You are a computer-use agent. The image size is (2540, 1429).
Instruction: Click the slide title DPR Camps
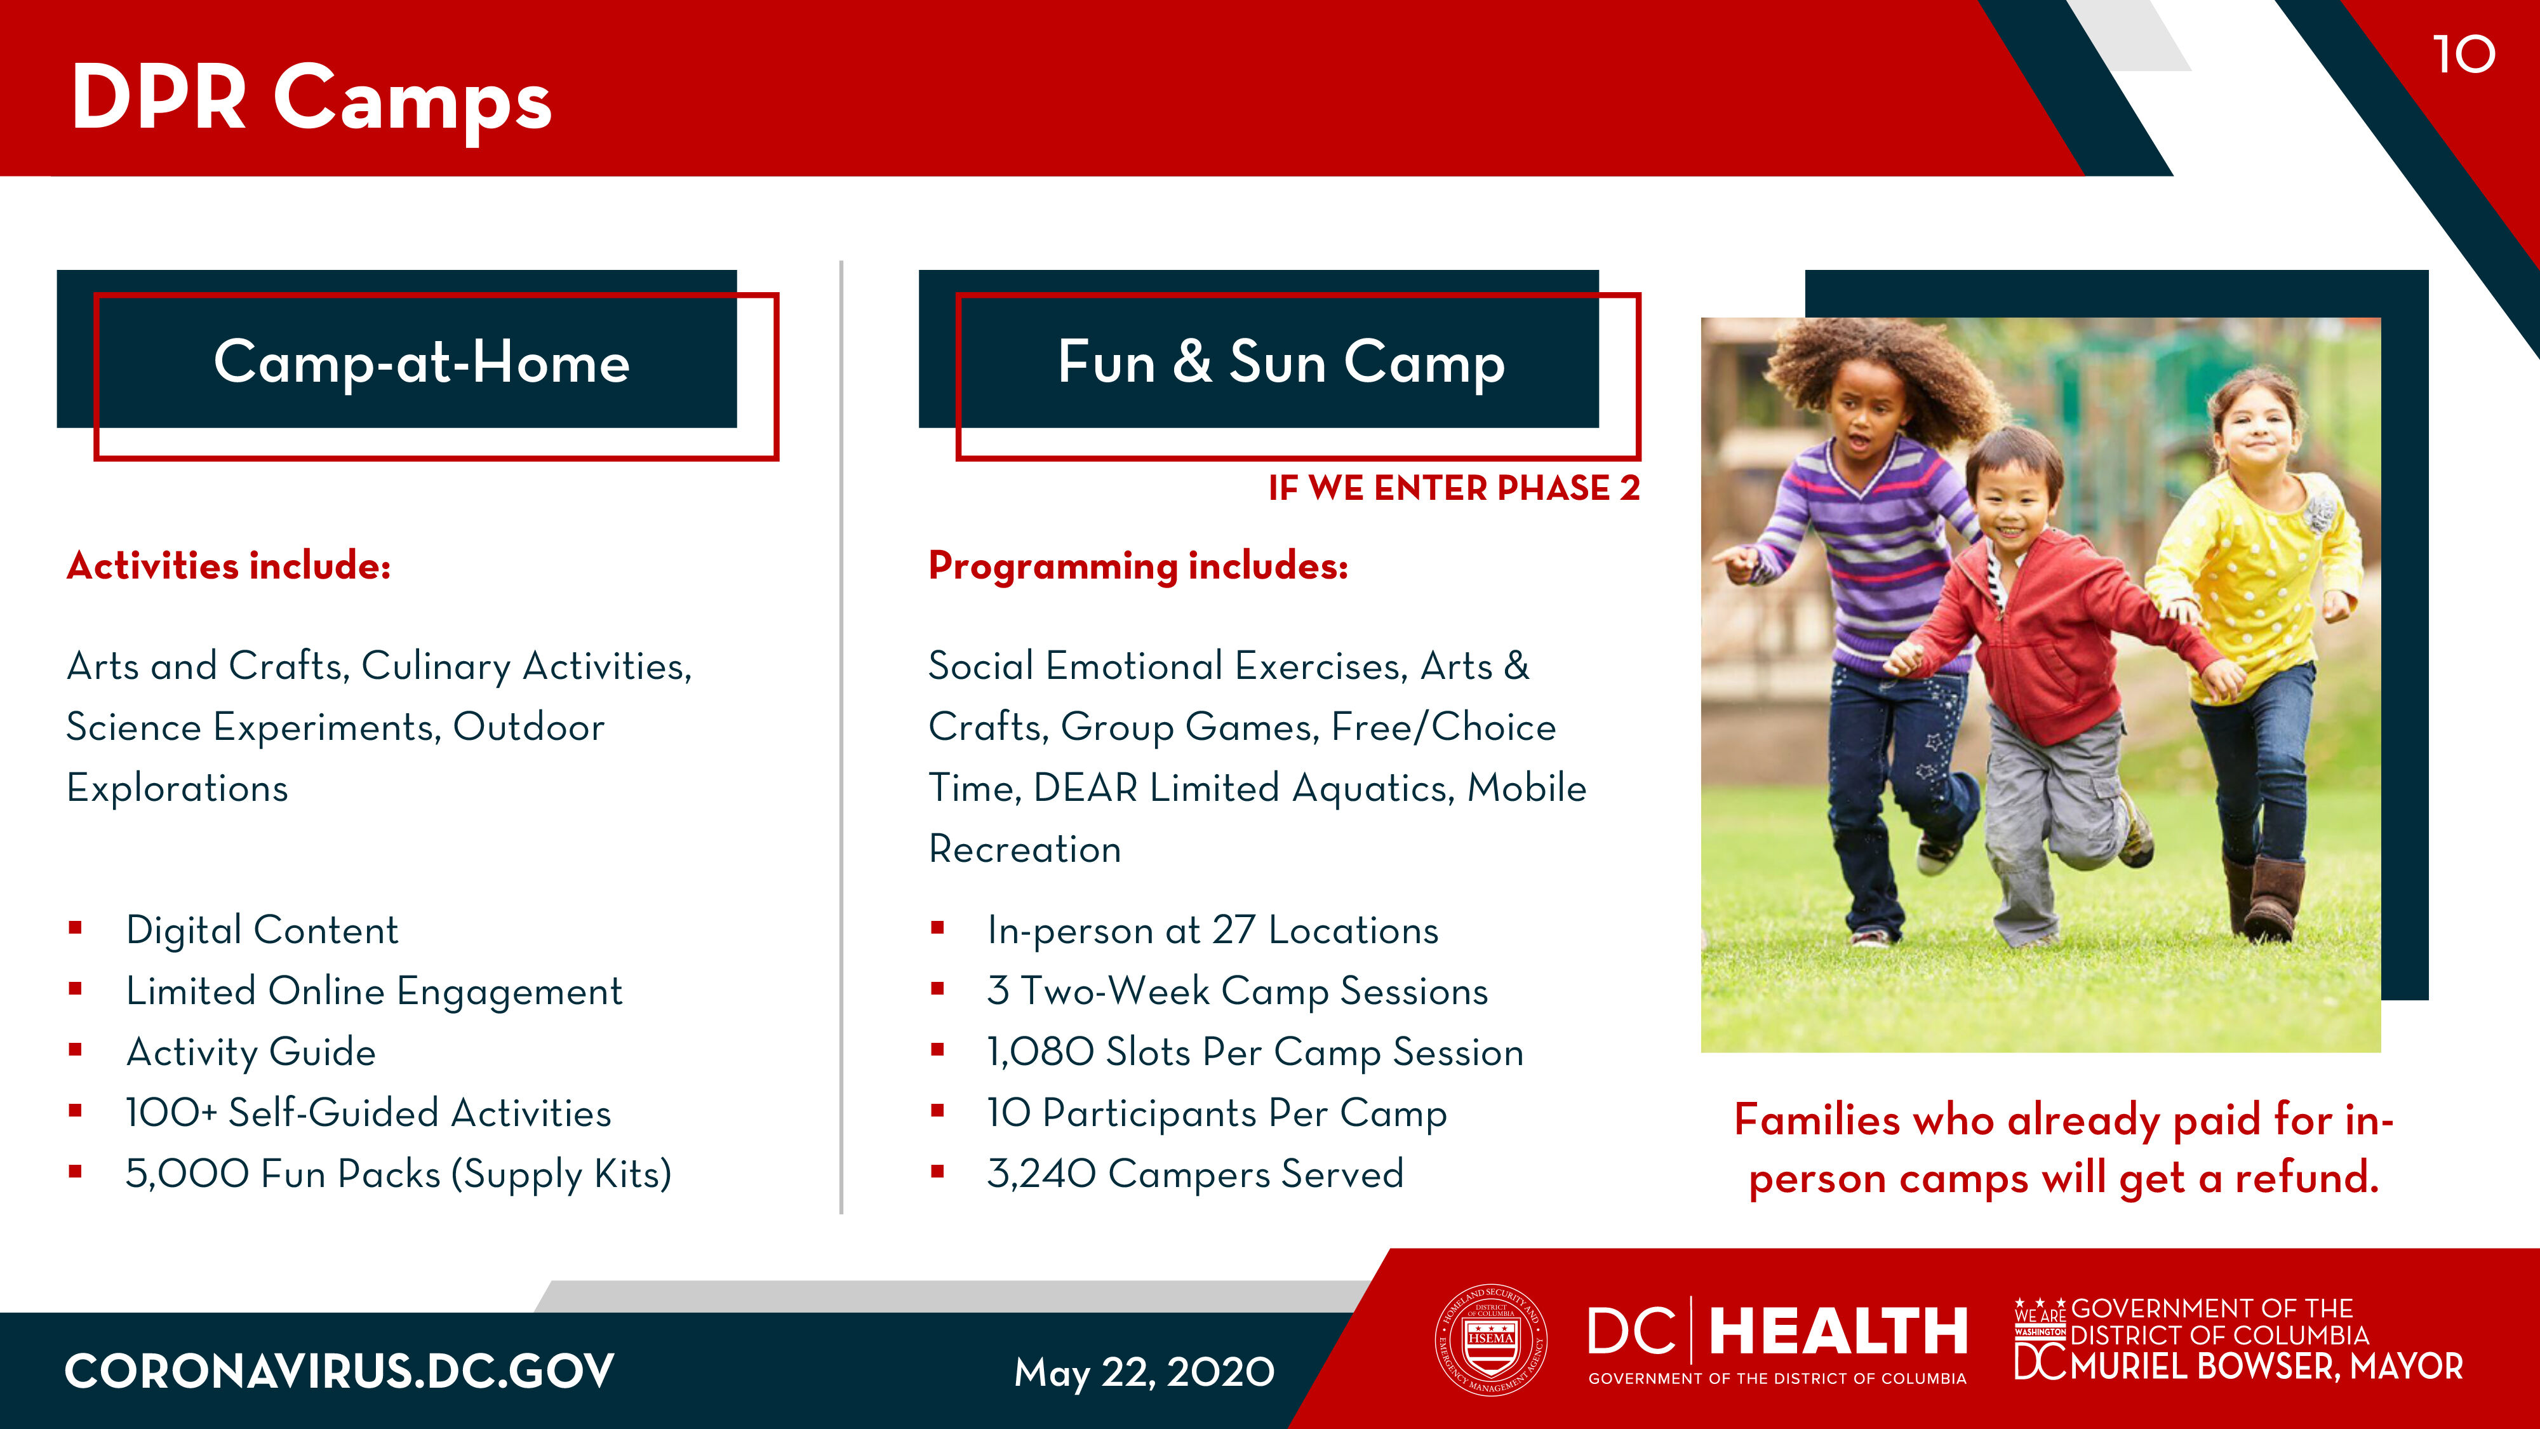(x=312, y=98)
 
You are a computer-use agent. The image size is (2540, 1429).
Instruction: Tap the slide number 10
(x=2464, y=54)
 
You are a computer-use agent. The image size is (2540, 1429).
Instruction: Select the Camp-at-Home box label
(x=422, y=362)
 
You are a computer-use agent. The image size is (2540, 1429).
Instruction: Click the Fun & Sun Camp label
(x=1281, y=362)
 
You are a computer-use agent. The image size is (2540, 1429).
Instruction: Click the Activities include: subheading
(x=229, y=566)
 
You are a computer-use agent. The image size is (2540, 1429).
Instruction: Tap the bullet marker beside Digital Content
(x=75, y=927)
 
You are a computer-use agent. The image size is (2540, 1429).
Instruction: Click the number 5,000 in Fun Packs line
(x=186, y=1174)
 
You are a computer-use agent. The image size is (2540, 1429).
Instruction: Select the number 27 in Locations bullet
(x=1234, y=930)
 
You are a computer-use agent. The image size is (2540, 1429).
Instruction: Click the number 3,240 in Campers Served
(x=1041, y=1174)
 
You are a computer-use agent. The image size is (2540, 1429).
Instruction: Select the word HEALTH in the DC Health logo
(x=1838, y=1331)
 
